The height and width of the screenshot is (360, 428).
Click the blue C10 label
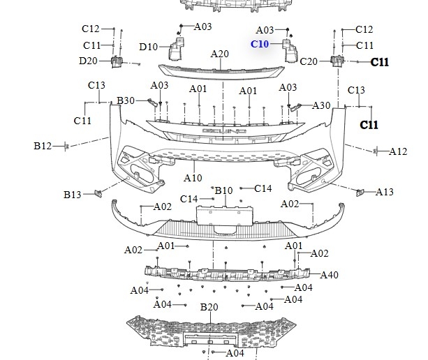click(x=260, y=43)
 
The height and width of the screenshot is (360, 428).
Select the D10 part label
click(x=148, y=47)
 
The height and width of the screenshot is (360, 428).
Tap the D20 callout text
click(x=88, y=61)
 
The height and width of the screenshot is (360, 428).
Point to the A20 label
click(x=219, y=54)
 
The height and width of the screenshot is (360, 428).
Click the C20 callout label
click(x=309, y=61)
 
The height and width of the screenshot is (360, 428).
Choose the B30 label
click(x=126, y=100)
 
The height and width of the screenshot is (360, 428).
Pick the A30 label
click(x=321, y=105)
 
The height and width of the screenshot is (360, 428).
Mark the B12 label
click(x=43, y=146)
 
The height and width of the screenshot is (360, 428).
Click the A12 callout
click(x=398, y=151)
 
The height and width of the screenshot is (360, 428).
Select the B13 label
click(x=73, y=195)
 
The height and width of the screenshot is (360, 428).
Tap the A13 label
click(x=385, y=192)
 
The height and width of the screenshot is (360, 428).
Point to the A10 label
click(x=193, y=178)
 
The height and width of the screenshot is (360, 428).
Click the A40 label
click(x=329, y=275)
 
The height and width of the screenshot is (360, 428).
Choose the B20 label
click(x=209, y=307)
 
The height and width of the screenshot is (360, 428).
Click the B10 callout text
click(x=223, y=190)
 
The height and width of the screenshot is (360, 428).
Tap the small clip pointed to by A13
click(x=360, y=191)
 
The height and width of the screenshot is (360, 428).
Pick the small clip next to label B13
click(x=98, y=192)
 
